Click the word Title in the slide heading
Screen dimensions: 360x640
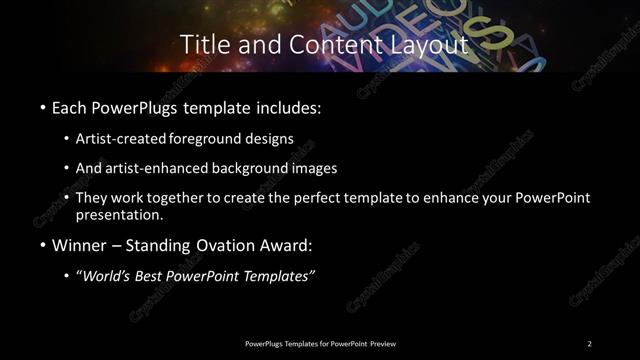coord(203,45)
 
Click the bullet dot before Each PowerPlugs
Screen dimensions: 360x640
coord(42,105)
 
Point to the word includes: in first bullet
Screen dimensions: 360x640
coord(290,105)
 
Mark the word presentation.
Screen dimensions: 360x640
coord(118,214)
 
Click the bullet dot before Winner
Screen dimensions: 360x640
coord(42,247)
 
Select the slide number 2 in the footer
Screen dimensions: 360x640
coord(589,343)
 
